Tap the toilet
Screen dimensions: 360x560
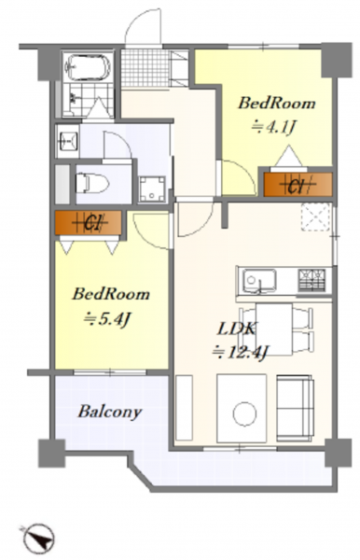(x=92, y=183)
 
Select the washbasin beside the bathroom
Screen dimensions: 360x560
(x=67, y=140)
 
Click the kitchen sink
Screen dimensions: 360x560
(x=259, y=281)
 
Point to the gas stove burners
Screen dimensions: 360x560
(x=312, y=280)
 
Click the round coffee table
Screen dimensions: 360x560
(x=244, y=413)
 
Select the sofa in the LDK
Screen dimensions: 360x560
(x=295, y=407)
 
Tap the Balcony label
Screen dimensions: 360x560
(x=110, y=412)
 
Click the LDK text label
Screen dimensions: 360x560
(x=236, y=329)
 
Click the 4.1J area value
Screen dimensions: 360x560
(x=273, y=127)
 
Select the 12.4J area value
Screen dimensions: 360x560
(x=240, y=353)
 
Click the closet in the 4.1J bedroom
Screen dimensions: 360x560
(x=298, y=184)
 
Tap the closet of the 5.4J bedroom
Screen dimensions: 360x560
(x=88, y=223)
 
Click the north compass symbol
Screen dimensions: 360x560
(x=39, y=539)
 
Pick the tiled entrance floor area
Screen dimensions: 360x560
(x=145, y=68)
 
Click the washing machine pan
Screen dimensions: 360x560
(x=152, y=189)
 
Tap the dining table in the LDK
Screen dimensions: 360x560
(x=274, y=329)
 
